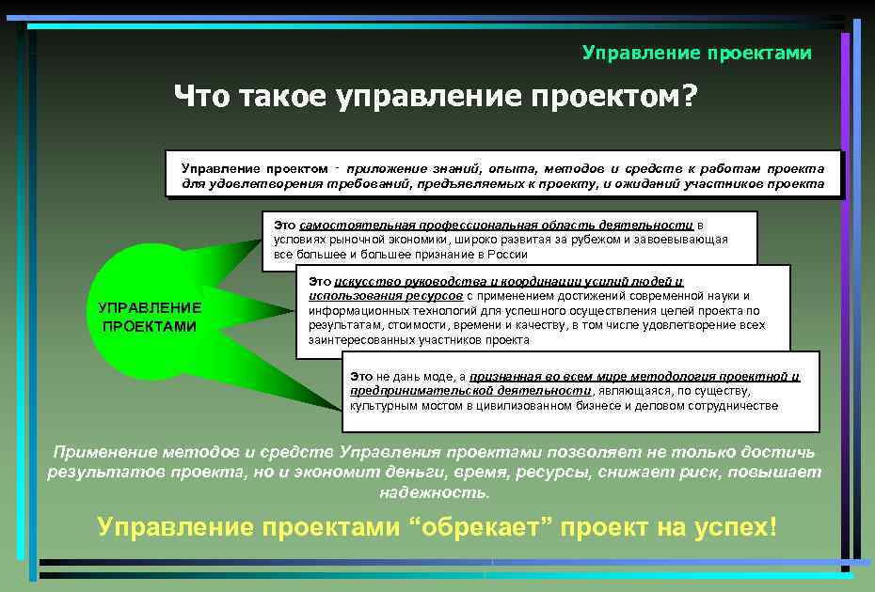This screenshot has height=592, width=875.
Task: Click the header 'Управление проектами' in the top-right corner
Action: pos(696,53)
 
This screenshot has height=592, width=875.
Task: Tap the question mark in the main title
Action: pos(688,96)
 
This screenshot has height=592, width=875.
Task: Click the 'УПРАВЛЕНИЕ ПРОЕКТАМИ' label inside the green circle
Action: pos(150,317)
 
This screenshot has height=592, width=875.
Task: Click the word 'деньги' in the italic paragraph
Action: pos(409,472)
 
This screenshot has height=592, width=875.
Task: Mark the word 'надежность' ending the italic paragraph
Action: pos(435,491)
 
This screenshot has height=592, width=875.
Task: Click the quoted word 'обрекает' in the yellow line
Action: pos(481,527)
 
